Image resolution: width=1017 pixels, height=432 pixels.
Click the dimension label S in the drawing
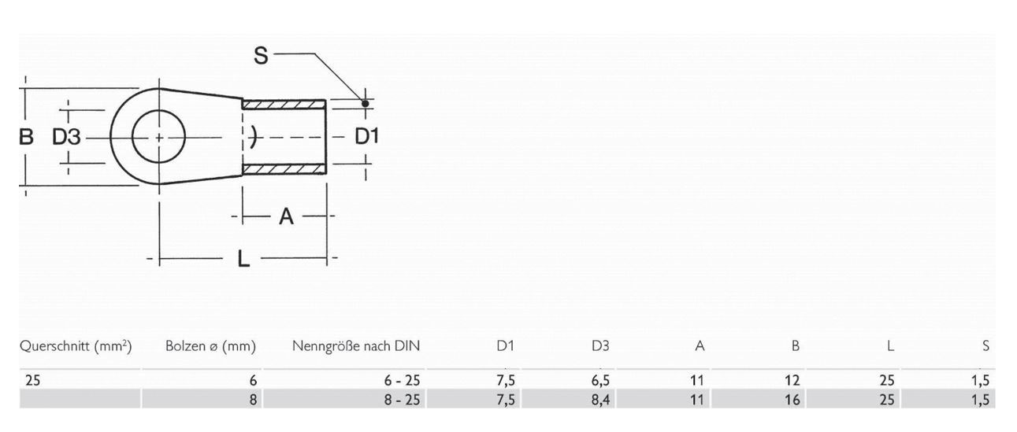[x=262, y=55]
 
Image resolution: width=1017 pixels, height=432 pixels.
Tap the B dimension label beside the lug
[x=26, y=137]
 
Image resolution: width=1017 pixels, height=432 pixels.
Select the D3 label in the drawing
[x=67, y=137]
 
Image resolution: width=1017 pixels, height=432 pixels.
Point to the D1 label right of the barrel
[x=366, y=136]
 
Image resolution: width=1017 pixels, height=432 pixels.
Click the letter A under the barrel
[x=286, y=216]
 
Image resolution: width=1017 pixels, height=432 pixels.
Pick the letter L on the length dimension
[x=243, y=258]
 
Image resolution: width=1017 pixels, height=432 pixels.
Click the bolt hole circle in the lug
[x=158, y=137]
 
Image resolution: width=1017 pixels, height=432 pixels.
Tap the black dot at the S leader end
[x=365, y=103]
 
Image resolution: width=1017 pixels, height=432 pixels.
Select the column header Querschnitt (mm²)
[x=76, y=345]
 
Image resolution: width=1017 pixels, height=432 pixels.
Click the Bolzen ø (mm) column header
[x=211, y=345]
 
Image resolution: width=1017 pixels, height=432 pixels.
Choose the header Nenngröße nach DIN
[x=356, y=345]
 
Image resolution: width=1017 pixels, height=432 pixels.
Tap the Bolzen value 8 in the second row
[x=253, y=400]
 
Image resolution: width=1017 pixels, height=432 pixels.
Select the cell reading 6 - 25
[x=403, y=380]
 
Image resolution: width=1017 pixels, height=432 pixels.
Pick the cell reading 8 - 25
[x=403, y=400]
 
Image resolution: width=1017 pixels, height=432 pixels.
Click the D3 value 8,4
[x=600, y=400]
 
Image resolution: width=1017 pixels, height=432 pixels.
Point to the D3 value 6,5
[x=600, y=380]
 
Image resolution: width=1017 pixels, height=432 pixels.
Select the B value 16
[x=792, y=400]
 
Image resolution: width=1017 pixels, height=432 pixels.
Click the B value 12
[x=792, y=380]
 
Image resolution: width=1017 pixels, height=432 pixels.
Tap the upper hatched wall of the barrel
[x=284, y=104]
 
